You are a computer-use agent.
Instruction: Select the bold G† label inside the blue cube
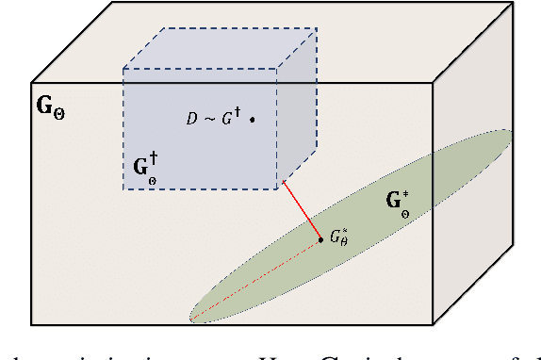tap(140, 168)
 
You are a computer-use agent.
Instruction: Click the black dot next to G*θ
tap(321, 238)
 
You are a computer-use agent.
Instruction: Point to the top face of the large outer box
tap(283, 38)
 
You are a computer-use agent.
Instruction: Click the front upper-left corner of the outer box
tap(32, 79)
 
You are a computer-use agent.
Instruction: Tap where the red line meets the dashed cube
tap(283, 182)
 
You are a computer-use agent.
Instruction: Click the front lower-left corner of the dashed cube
tap(123, 189)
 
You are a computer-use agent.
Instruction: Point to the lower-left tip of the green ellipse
tap(191, 316)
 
